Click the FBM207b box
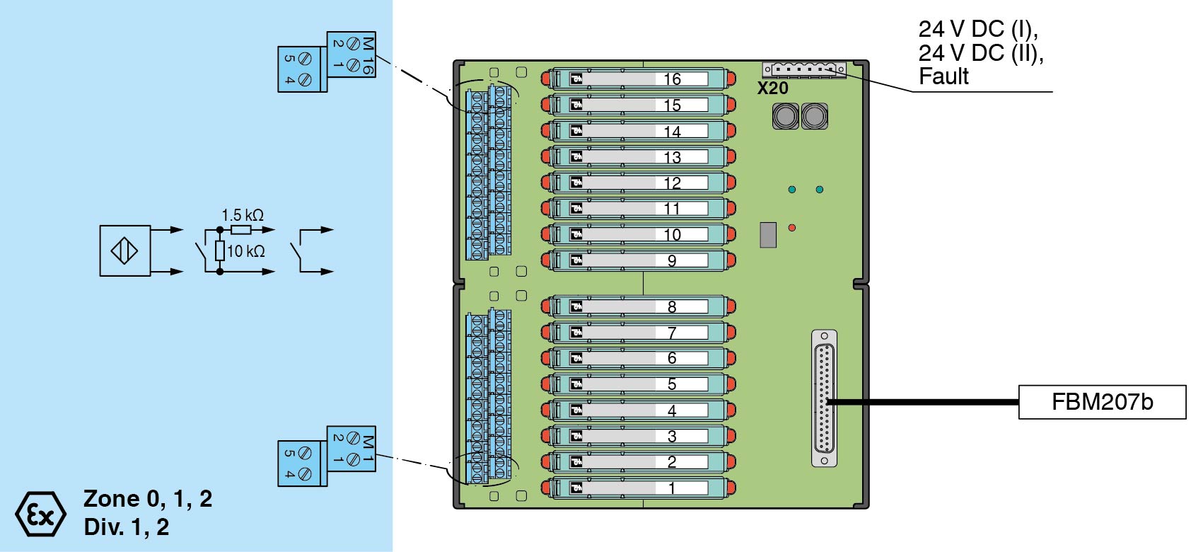click(x=1101, y=402)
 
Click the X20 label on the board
click(x=772, y=88)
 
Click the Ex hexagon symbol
click(x=40, y=514)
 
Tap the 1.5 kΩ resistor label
click(x=242, y=215)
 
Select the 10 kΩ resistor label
click(x=245, y=251)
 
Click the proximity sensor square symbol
click(x=125, y=251)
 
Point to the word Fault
click(x=943, y=76)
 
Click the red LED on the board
click(x=792, y=228)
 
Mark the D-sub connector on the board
click(x=824, y=398)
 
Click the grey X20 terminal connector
click(x=803, y=69)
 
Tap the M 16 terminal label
click(x=368, y=55)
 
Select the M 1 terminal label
click(x=368, y=449)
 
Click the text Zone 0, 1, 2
click(x=148, y=499)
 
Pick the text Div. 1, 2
click(x=126, y=527)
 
